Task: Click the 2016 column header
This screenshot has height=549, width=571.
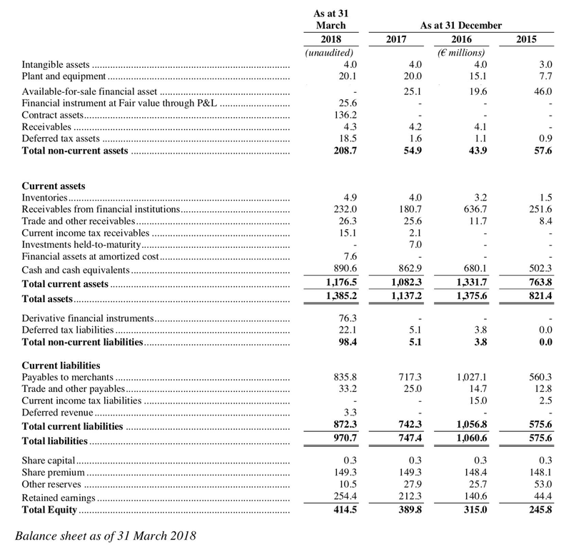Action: point(463,40)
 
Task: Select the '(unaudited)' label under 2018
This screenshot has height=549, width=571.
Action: point(330,53)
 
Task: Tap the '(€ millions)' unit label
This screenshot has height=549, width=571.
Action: point(461,53)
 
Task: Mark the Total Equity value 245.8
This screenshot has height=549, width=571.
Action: point(537,511)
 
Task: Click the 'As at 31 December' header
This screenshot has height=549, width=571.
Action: point(461,26)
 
